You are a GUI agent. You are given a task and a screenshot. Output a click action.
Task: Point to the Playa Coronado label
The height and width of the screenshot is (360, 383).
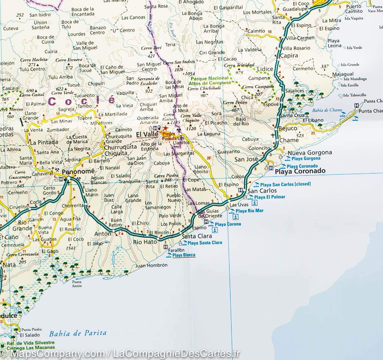300,171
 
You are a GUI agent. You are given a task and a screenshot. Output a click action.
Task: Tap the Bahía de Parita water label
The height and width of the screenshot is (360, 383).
78,333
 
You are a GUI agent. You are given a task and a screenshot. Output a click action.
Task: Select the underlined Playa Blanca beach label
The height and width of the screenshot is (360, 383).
184,255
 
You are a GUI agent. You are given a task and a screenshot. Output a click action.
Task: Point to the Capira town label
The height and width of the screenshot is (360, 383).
289,55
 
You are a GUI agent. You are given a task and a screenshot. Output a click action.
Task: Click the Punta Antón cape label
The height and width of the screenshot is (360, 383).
77,284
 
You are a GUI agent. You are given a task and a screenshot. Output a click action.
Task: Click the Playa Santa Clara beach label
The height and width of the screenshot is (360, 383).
205,243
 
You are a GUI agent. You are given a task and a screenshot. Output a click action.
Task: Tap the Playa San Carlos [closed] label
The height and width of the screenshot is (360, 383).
285,184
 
